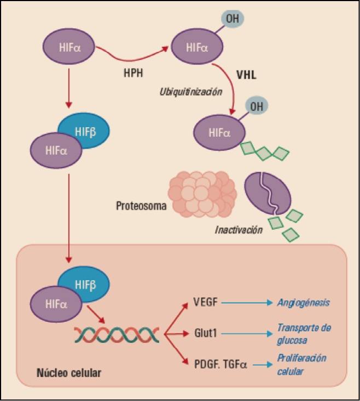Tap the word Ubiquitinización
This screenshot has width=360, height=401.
point(190,91)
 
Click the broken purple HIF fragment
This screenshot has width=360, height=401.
point(269,195)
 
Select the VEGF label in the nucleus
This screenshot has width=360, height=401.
point(206,301)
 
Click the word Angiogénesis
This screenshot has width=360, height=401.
point(304,301)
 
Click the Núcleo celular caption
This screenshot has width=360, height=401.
point(68,374)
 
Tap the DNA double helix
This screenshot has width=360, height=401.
point(117,334)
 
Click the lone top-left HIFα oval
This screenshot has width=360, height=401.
point(68,47)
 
